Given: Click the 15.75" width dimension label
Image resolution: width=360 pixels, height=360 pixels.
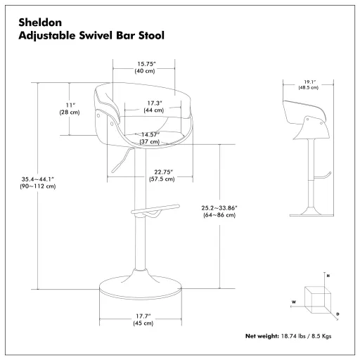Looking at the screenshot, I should coord(146,67).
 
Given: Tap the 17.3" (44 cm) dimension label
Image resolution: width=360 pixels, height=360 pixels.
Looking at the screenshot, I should coord(154,107).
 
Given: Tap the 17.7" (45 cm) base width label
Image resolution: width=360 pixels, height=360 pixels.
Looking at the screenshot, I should coord(143,320).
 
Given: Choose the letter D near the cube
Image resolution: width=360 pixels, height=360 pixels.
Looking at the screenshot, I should coord(338,314).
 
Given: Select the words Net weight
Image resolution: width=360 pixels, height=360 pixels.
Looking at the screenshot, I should coord(262,337).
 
